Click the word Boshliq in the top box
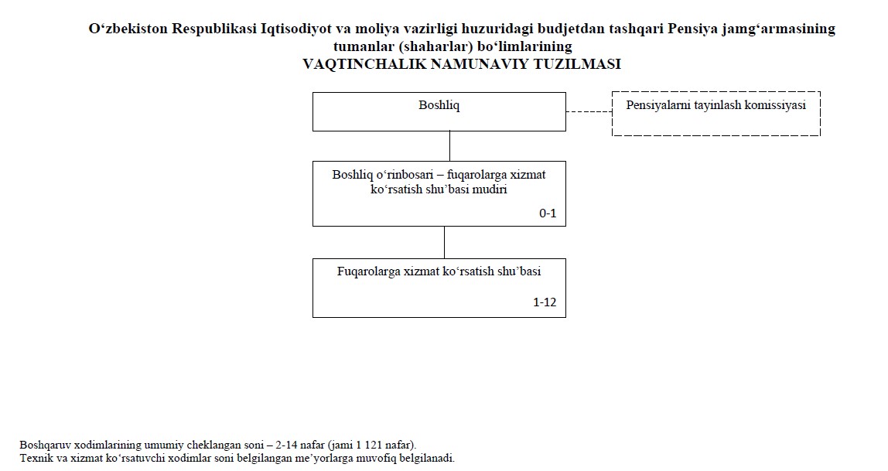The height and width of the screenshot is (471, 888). click(439, 105)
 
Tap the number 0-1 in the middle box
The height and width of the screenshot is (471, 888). click(548, 213)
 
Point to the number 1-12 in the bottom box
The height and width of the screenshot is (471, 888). click(545, 302)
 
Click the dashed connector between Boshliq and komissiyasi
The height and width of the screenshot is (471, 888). click(589, 112)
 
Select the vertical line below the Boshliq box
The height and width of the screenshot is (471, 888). click(450, 146)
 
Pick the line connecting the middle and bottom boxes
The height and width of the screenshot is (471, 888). click(444, 242)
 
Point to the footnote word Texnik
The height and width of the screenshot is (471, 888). click(35, 457)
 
